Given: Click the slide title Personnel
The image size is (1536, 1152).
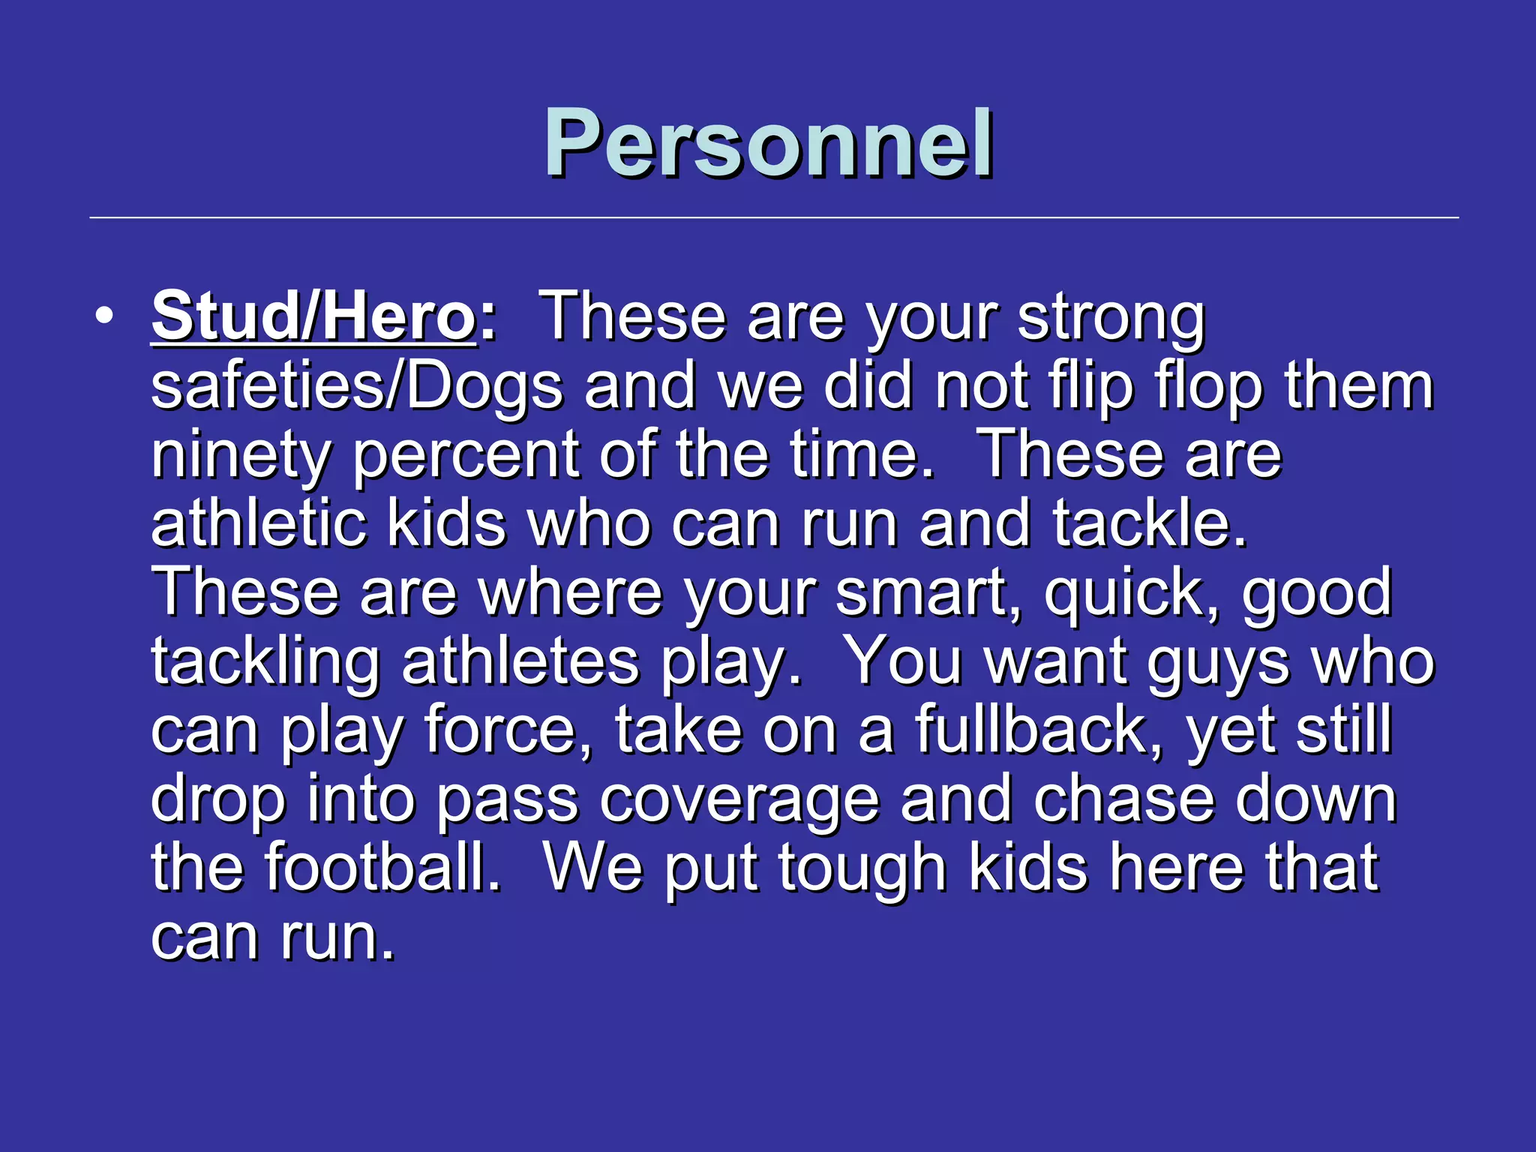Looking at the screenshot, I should (x=768, y=142).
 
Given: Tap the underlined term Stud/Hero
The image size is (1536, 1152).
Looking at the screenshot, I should (x=313, y=316).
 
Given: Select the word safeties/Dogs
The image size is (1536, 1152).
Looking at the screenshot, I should (x=356, y=387).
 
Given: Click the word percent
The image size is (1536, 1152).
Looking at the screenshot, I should (x=465, y=456).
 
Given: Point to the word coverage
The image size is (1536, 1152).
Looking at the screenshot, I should (x=739, y=799).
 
